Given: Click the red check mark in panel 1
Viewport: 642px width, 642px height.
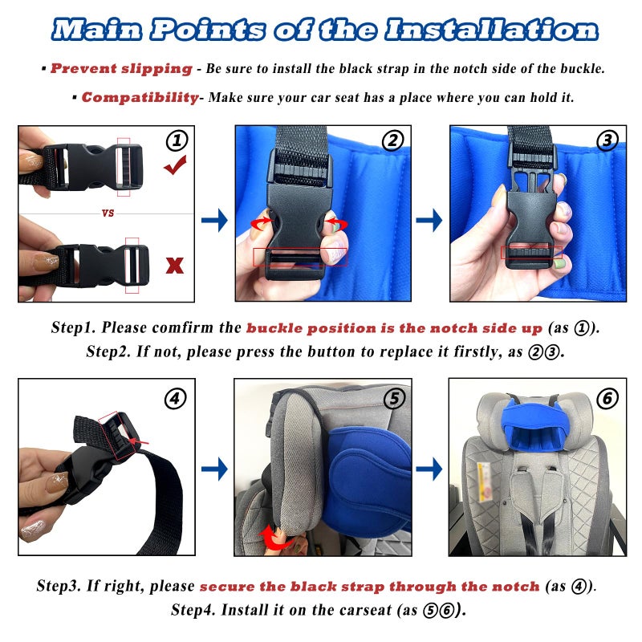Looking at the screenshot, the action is pos(175,166).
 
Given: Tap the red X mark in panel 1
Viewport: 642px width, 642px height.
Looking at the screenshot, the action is pos(175,266).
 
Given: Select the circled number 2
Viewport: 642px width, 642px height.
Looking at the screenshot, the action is pos(392,140).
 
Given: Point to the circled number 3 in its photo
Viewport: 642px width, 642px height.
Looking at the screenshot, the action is pos(607,140).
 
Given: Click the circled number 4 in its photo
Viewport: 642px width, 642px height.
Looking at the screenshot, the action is pos(175,398).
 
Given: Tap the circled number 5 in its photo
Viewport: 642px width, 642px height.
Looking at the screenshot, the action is pos(394,398).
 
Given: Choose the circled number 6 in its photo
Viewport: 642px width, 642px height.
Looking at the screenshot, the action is pos(607,398).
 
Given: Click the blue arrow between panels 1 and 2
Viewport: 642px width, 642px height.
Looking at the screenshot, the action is pos(214,220).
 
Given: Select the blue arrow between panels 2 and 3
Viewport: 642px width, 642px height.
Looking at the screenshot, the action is pos(429,220).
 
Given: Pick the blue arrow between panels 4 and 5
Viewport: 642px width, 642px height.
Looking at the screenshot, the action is pos(214,469).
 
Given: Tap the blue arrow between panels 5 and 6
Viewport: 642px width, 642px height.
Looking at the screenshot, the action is pos(429,469).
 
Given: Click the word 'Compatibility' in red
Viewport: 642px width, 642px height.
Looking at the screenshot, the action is pos(140,98).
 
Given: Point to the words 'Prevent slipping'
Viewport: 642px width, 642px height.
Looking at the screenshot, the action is pos(121,69).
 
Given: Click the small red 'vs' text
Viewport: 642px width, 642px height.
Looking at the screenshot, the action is pos(108,213).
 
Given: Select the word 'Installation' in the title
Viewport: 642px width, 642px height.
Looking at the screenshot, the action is pos(491,30).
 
